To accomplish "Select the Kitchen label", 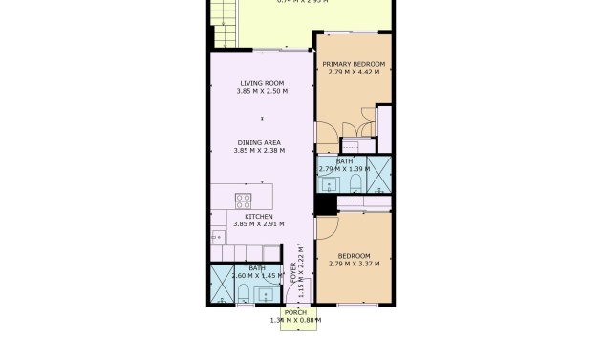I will pos(258,217).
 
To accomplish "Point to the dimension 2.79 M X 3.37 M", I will pos(353,264).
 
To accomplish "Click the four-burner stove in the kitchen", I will pos(244,201).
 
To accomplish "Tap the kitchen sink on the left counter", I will pos(219,234).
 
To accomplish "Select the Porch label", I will pos(295,312).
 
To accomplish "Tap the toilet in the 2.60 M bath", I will pos(243,291).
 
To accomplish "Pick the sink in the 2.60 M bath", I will pos(263,293).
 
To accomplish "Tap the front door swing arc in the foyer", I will pos(304,291).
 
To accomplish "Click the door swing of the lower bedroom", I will pos(327,227).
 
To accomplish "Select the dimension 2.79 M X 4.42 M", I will pos(353,72).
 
